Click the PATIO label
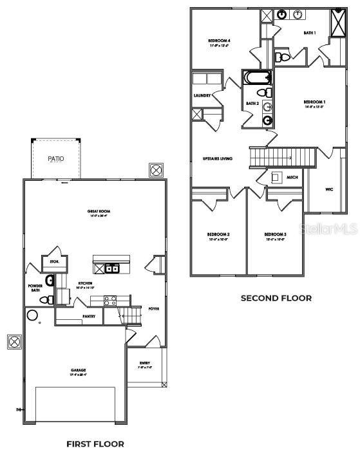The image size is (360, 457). tap(56, 158)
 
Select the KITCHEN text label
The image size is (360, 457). tap(86, 283)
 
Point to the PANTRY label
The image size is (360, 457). tap(89, 317)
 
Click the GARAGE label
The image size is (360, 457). tap(79, 370)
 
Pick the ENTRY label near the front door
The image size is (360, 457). tap(145, 364)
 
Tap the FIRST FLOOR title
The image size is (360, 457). tap(95, 443)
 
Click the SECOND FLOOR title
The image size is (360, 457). tap(276, 298)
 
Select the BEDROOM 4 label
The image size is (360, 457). tap(219, 41)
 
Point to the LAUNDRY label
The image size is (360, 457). tap(202, 96)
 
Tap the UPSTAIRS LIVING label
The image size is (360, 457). tap(217, 158)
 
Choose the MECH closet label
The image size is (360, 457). tap(292, 177)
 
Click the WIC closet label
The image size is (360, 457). tap(329, 189)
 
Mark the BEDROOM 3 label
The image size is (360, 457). tap(274, 234)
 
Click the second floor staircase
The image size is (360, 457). tap(282, 156)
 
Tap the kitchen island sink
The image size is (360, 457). tap(111, 268)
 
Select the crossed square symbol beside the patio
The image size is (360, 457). tap(155, 170)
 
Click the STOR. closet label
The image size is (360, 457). tap(55, 262)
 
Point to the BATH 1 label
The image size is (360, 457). tap(310, 32)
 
